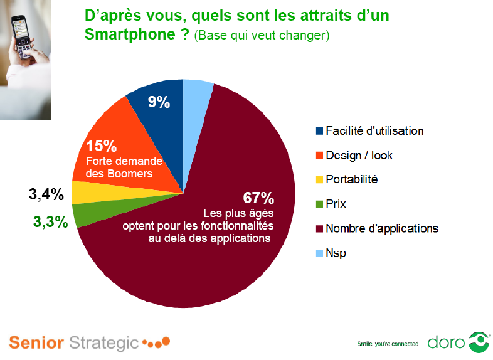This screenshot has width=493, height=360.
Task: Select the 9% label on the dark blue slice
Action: (159, 102)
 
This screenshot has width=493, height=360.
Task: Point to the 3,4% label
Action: (46, 194)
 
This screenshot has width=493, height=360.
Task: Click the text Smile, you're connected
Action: (387, 344)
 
